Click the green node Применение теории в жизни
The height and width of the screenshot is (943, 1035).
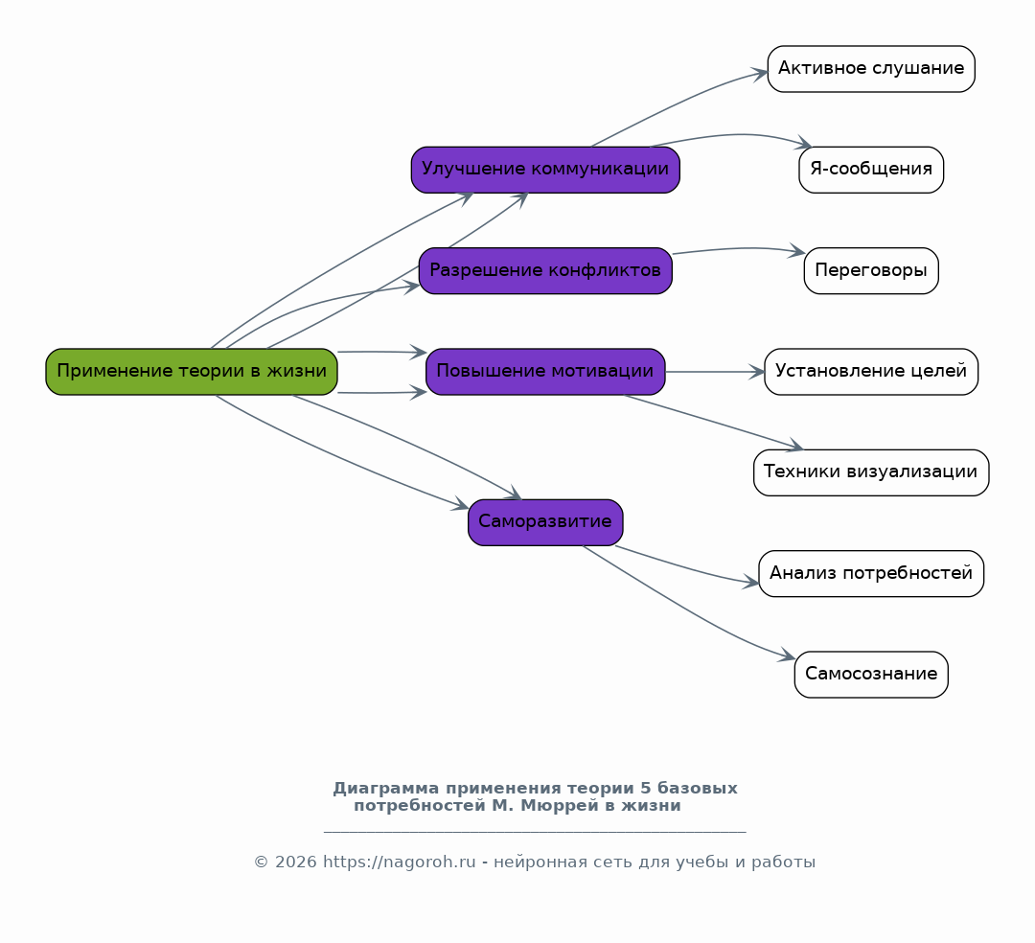tap(192, 372)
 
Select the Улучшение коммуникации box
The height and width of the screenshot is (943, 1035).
tap(545, 170)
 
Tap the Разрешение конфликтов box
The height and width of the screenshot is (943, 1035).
tap(545, 270)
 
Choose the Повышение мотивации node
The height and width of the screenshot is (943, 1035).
tap(545, 372)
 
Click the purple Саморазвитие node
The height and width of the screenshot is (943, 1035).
tap(545, 522)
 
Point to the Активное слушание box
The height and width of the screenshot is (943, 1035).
tap(871, 69)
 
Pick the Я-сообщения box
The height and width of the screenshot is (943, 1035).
tap(871, 170)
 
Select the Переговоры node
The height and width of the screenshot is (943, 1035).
tap(871, 270)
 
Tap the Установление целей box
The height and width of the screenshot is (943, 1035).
tap(871, 372)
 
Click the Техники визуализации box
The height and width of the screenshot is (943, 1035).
tap(871, 472)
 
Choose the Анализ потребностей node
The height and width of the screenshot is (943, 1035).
tap(871, 573)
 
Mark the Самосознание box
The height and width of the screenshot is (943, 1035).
tap(871, 675)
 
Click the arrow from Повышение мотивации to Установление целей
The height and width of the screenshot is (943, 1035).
tap(715, 372)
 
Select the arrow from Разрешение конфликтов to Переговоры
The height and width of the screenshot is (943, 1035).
tap(739, 248)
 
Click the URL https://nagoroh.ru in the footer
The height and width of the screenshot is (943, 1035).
tap(400, 862)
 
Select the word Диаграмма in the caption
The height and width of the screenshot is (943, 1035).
tap(386, 788)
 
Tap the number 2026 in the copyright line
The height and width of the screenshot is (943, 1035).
tap(296, 862)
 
